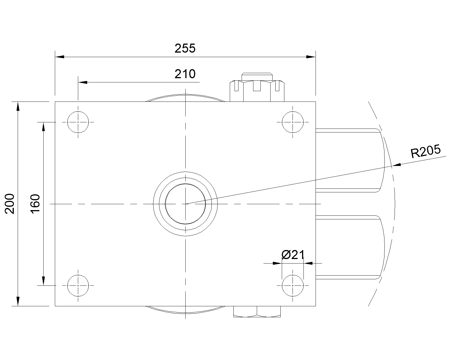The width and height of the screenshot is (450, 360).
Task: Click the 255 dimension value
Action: coord(185,48)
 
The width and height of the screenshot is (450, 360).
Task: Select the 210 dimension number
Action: coord(185,74)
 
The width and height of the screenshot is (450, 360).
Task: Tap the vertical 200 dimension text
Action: coord(10,204)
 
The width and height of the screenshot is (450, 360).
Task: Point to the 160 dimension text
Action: coord(35,204)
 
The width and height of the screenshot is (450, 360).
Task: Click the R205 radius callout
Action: coord(426,151)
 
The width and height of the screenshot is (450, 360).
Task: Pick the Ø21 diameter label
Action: coord(293,255)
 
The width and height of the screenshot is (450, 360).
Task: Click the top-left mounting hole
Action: coord(78,122)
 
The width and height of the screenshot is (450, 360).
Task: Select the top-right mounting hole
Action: coord(292,122)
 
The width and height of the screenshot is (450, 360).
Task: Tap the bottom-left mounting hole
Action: coord(78,285)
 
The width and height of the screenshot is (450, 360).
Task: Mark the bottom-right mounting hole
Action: coord(292,285)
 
